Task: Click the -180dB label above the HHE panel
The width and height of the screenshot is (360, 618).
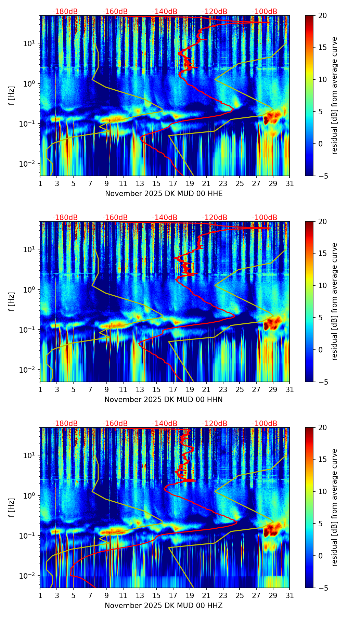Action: pos(65,12)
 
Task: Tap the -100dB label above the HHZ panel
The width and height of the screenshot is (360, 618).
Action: pos(265,424)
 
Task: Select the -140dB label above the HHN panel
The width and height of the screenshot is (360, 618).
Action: pos(165,218)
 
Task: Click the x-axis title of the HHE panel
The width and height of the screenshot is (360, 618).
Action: pos(164,194)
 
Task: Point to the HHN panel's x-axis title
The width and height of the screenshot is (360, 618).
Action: pos(164,400)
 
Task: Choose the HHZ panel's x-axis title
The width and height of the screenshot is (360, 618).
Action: pos(164,606)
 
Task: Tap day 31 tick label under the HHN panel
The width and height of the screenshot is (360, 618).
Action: pos(290,389)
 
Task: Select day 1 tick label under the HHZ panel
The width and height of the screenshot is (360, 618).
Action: pos(40,595)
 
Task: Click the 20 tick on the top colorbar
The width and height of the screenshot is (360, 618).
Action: pos(322,15)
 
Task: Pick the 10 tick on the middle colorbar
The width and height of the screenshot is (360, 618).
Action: pos(322,285)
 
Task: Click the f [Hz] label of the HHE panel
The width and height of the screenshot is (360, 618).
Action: pos(12,95)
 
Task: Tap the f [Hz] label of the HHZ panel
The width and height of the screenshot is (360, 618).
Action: pos(12,507)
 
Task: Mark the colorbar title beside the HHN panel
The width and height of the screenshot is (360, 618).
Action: pos(335,301)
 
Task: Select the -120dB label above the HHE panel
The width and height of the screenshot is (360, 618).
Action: pos(215,12)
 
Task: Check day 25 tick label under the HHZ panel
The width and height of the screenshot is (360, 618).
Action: pos(240,595)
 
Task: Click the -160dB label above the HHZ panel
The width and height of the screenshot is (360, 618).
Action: pos(115,424)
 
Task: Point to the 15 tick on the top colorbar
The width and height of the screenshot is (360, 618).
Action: pos(322,47)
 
